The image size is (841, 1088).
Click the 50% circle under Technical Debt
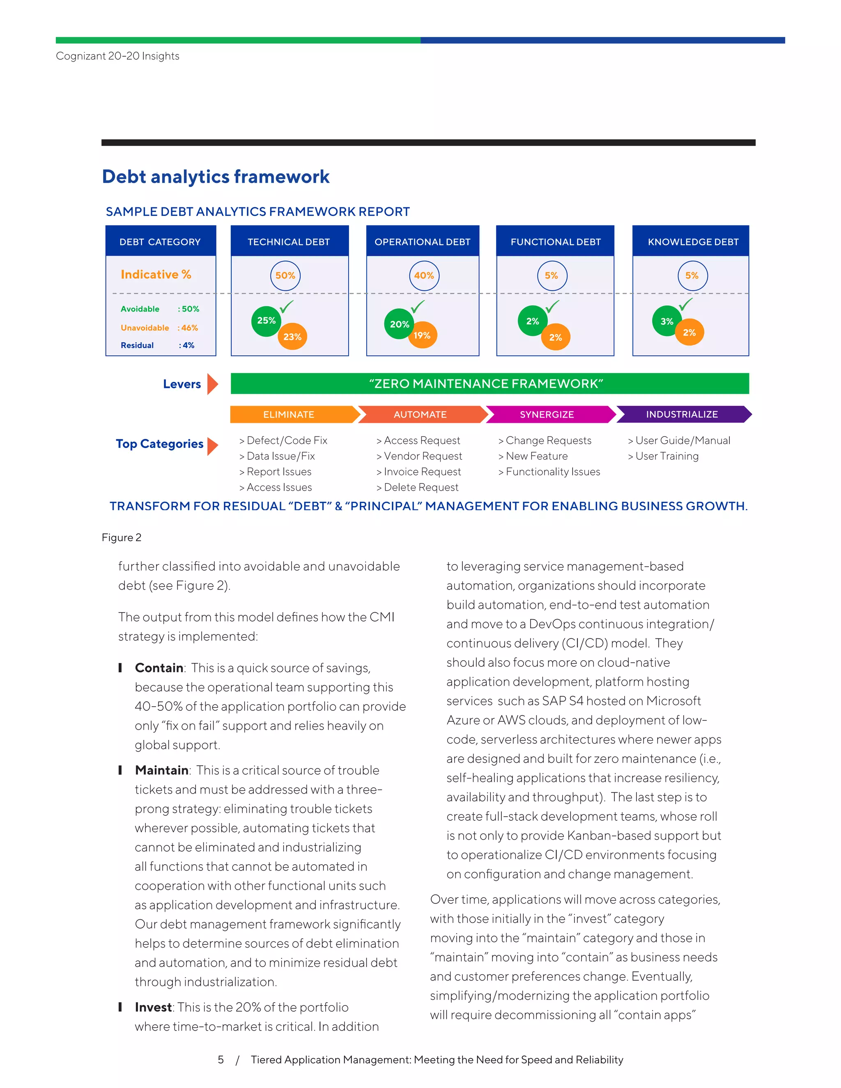tap(285, 275)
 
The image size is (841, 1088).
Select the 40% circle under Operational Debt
tap(424, 275)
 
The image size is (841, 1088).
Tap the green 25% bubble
tap(266, 321)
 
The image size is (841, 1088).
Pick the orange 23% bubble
tap(292, 337)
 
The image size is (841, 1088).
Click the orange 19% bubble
tap(422, 335)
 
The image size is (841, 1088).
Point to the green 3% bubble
tap(666, 321)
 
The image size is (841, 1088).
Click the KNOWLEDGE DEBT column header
tap(692, 241)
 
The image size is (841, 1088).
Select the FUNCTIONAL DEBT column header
tap(556, 241)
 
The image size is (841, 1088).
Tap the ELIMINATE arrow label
tap(289, 415)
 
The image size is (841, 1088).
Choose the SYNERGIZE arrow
tap(547, 415)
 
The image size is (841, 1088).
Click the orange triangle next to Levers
tap(213, 384)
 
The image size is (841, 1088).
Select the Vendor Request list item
tap(420, 456)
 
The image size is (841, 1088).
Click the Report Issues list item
tap(276, 472)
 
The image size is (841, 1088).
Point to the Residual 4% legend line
tap(157, 345)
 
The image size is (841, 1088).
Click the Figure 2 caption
tap(122, 537)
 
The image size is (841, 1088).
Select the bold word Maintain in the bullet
tap(161, 770)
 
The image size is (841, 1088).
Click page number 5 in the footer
tap(221, 1060)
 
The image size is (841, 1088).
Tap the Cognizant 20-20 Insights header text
tap(117, 56)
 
